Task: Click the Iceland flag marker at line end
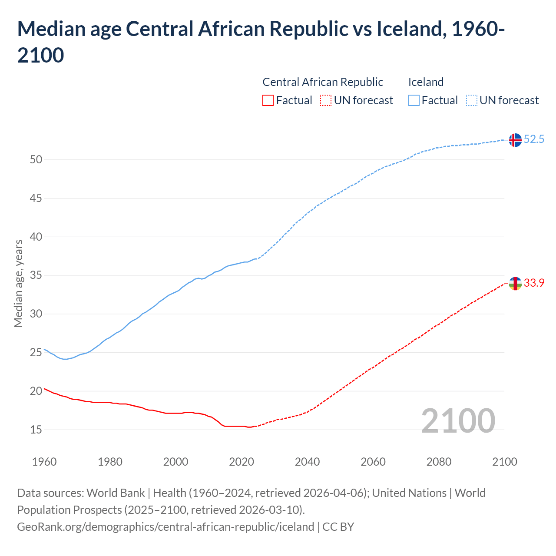click(x=515, y=140)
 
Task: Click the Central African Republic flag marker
click(x=515, y=283)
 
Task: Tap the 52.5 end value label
click(x=534, y=139)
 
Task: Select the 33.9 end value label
click(x=534, y=283)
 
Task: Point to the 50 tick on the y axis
click(x=36, y=159)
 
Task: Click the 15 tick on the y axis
click(x=36, y=430)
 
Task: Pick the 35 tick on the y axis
click(x=36, y=275)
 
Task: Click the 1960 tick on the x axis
click(x=44, y=461)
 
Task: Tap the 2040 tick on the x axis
click(x=307, y=461)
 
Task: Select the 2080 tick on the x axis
click(x=439, y=461)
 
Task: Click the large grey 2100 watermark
click(x=458, y=420)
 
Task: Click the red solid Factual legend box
click(x=268, y=100)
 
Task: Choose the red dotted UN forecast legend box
click(x=326, y=100)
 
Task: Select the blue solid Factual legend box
click(x=414, y=100)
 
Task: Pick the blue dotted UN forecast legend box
click(x=471, y=100)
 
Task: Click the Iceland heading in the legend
click(x=426, y=82)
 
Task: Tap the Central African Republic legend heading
click(x=323, y=82)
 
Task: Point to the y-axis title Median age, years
click(x=18, y=283)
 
